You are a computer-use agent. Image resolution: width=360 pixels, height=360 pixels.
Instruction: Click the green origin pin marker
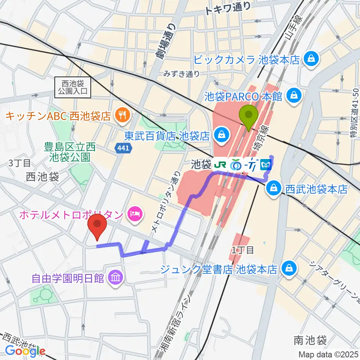tap(249, 117)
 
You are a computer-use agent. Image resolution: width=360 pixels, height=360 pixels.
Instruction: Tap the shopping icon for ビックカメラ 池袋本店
tap(311, 58)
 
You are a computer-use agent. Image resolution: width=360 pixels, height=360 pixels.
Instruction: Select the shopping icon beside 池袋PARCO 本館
tap(293, 96)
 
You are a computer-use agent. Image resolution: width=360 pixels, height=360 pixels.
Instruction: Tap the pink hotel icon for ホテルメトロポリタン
tap(134, 214)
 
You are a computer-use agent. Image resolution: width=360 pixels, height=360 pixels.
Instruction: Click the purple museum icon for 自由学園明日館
tap(114, 278)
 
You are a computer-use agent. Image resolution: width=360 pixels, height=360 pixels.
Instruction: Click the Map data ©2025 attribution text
tap(328, 354)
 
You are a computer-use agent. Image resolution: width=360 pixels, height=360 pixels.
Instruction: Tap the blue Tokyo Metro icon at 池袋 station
tap(266, 164)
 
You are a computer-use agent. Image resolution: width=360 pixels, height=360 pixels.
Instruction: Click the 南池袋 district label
tap(310, 340)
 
